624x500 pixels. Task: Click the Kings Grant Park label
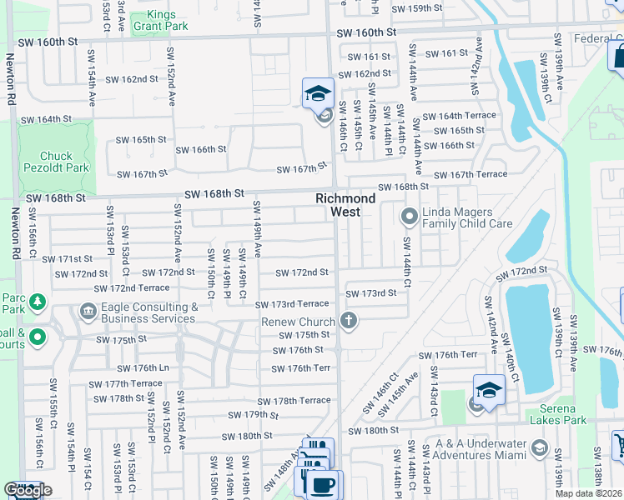coord(167,20)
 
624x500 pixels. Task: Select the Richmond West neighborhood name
coord(345,205)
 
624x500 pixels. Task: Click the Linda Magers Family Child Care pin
coord(409,217)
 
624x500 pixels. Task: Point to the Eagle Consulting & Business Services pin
coord(88,312)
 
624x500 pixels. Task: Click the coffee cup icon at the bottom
coord(324,484)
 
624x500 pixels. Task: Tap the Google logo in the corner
coord(28,490)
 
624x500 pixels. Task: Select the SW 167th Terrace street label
coord(476,174)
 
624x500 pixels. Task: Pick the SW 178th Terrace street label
coord(294,401)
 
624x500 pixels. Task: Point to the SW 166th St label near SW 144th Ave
coord(450,145)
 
